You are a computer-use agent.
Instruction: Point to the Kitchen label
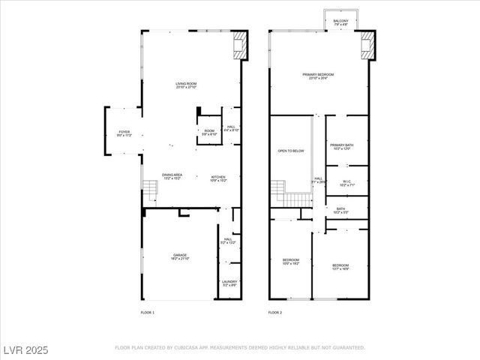[217, 177]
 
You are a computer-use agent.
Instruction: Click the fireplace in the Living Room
[238, 45]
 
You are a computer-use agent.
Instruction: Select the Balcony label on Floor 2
[341, 22]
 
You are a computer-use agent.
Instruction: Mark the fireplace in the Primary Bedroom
[367, 45]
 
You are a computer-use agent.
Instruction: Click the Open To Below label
[290, 151]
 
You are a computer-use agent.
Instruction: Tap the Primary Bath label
[341, 146]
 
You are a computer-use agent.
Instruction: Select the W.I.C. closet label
[347, 182]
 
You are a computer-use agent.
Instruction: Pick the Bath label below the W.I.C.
[340, 211]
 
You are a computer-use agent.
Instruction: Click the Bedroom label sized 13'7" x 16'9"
[340, 266]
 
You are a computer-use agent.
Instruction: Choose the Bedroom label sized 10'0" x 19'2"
[290, 262]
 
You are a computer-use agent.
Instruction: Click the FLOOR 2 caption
[275, 311]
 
